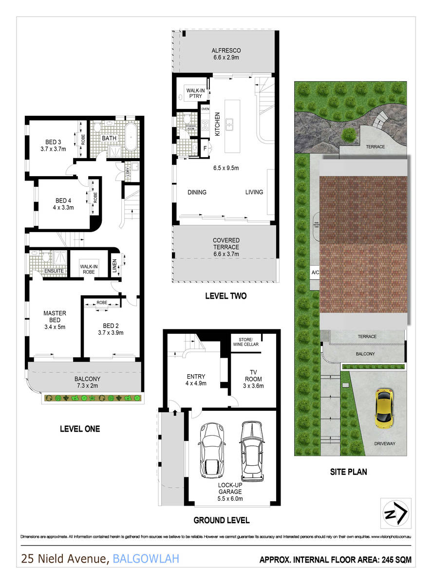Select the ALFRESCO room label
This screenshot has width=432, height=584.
[226, 51]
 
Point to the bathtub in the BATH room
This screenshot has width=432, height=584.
[132, 133]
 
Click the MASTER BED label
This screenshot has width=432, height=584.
[54, 316]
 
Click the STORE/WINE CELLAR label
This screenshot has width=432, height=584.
[248, 342]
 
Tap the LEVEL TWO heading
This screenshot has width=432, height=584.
[225, 296]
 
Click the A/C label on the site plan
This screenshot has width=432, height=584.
[315, 273]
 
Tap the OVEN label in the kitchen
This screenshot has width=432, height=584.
[205, 109]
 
